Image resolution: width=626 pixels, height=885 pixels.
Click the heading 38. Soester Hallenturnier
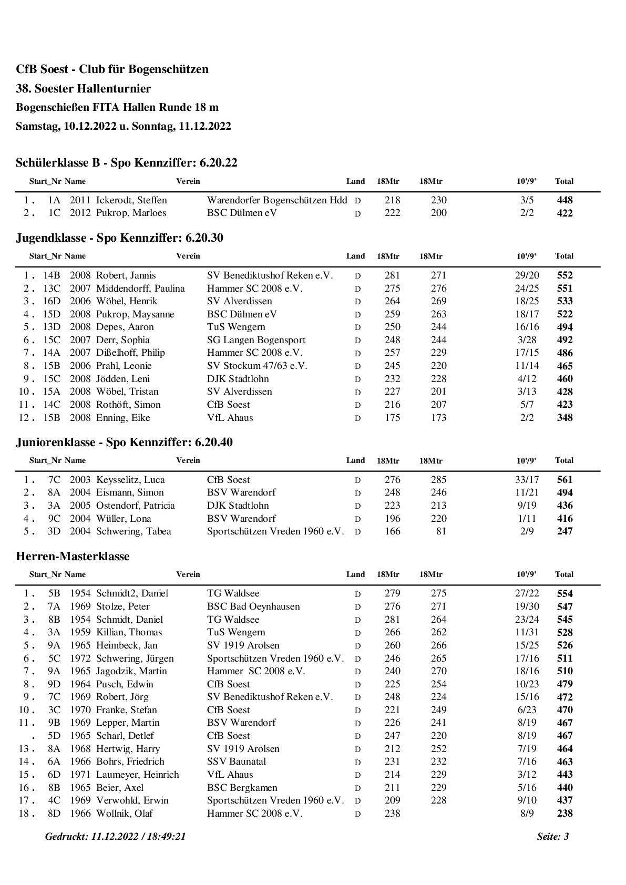coord(83,88)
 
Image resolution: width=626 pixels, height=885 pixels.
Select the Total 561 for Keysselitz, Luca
coord(565,480)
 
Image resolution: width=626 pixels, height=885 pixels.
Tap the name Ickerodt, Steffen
coord(131,200)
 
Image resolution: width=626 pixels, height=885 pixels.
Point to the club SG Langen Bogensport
coord(256,340)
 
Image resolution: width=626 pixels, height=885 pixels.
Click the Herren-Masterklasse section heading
coord(73,557)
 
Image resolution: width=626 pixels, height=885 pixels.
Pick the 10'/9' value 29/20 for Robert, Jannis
coord(527,275)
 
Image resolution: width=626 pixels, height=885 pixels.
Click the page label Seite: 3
coord(552,837)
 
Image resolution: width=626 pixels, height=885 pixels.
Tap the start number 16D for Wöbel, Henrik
coord(52,301)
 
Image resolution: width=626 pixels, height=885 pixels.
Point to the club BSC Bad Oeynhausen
coord(253,606)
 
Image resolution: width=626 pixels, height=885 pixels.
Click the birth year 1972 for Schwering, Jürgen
coord(80,658)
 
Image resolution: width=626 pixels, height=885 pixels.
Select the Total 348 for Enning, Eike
coord(565,418)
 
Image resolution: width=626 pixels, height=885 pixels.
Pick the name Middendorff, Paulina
coord(140,289)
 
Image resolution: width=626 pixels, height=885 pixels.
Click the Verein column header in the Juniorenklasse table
coord(188,460)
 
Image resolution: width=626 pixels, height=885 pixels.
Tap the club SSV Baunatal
coord(237,761)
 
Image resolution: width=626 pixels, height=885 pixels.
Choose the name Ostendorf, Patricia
coord(135,506)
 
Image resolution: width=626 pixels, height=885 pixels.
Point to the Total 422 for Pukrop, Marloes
coord(565,213)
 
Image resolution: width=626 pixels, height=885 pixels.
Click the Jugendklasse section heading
coord(119,238)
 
